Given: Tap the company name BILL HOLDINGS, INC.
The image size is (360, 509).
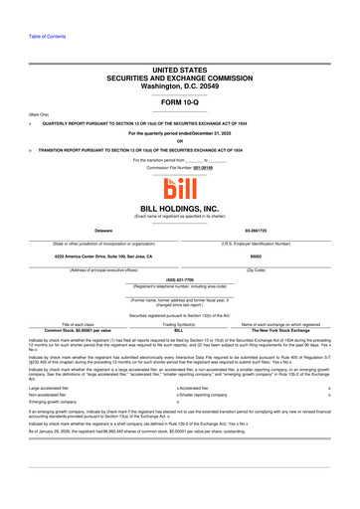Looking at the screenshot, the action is point(180,209).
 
